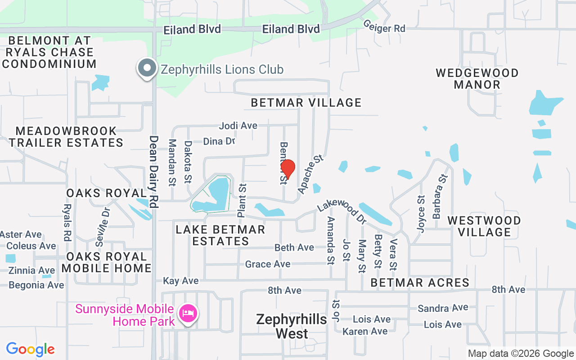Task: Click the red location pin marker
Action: click(x=288, y=169)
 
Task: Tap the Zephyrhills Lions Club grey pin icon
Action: click(x=147, y=68)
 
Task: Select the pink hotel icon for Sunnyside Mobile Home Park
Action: click(x=189, y=313)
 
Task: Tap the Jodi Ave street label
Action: click(x=238, y=126)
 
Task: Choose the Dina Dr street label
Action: click(x=219, y=141)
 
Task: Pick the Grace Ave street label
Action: click(x=268, y=264)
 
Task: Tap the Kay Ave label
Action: click(x=180, y=281)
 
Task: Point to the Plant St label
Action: click(x=242, y=200)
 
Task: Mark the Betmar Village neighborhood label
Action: click(x=306, y=103)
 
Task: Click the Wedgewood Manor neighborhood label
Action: click(x=477, y=79)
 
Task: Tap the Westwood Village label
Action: click(x=484, y=226)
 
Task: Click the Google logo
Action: click(x=31, y=349)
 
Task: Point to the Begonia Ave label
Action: click(x=36, y=285)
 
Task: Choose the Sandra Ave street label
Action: click(x=443, y=308)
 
